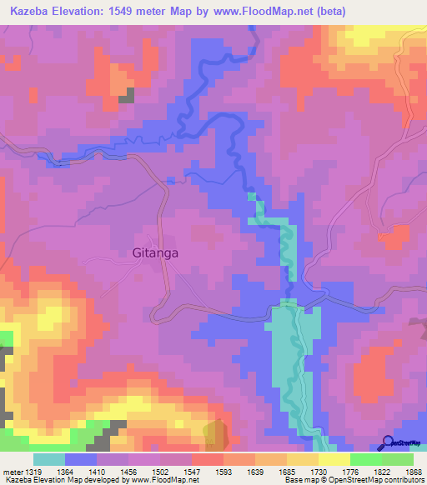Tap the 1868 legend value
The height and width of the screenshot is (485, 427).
click(403, 471)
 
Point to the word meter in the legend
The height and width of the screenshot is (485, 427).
click(13, 471)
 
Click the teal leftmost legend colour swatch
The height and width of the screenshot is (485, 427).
click(49, 459)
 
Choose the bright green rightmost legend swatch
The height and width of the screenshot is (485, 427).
click(397, 459)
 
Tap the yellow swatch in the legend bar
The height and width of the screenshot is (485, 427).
click(334, 459)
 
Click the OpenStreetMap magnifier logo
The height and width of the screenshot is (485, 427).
click(388, 444)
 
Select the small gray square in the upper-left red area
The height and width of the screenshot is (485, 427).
click(126, 95)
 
